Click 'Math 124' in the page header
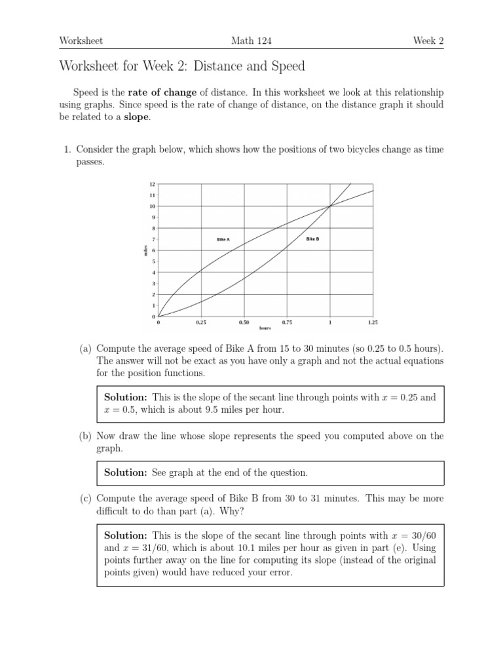tap(251, 41)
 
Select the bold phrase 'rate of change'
tap(162, 92)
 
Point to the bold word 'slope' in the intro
tap(137, 117)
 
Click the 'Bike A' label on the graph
tap(223, 240)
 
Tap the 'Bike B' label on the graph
tap(312, 239)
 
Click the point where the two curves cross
tap(329, 206)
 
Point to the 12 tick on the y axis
tap(153, 184)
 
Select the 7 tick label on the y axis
tap(153, 240)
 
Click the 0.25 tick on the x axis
tap(201, 322)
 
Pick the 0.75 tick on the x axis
tap(287, 322)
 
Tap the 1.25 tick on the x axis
tap(373, 322)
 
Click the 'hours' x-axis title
tap(265, 328)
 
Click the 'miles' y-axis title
tap(145, 250)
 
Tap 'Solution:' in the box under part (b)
tap(126, 472)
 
